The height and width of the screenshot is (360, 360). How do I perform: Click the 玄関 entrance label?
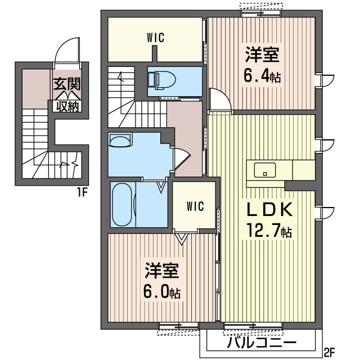coord(67,84)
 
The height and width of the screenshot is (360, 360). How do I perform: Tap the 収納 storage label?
coord(67,106)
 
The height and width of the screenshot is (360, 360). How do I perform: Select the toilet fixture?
coord(161,80)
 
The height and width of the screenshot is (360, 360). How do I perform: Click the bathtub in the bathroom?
coord(123,205)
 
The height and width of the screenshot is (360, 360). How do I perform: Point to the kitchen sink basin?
coord(265,170)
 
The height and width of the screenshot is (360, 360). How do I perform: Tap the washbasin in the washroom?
coord(120,140)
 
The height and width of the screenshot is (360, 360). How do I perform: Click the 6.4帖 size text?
coord(262,76)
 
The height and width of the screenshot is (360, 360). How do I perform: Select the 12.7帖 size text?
coord(269,232)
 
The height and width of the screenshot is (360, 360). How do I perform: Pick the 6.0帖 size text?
coord(161,292)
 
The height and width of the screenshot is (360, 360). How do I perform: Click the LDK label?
coord(270,209)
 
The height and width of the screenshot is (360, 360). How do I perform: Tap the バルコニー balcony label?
coord(262,343)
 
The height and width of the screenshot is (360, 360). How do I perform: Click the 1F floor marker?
coord(82,192)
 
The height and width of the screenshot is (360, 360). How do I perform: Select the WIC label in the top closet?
coord(156,38)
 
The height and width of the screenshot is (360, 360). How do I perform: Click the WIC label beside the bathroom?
coord(195,206)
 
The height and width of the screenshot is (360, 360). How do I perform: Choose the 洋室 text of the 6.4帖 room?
coord(262,55)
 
